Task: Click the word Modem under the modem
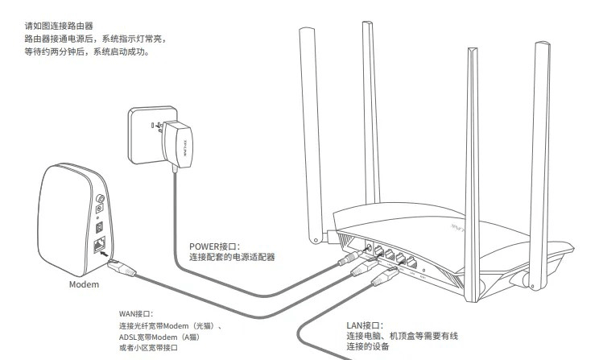[x=83, y=285]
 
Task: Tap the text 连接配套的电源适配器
[x=232, y=258]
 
